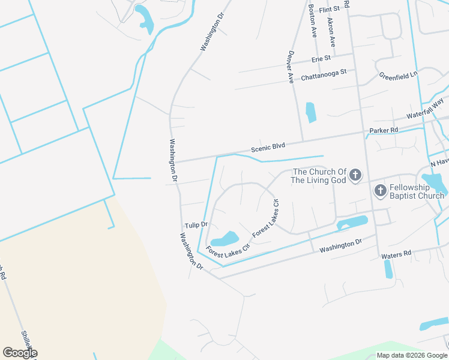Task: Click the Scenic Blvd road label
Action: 268,147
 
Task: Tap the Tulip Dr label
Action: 196,225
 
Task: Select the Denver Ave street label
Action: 291,67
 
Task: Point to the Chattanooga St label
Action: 324,74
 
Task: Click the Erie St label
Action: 321,59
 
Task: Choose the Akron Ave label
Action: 331,32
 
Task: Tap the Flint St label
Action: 330,9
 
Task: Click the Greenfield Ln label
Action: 398,76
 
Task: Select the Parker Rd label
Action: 384,130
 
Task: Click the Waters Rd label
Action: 396,254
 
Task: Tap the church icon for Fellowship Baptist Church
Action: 380,191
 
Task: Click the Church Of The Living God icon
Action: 355,175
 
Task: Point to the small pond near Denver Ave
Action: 310,112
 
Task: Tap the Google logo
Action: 20,353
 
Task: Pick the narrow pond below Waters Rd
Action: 388,269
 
